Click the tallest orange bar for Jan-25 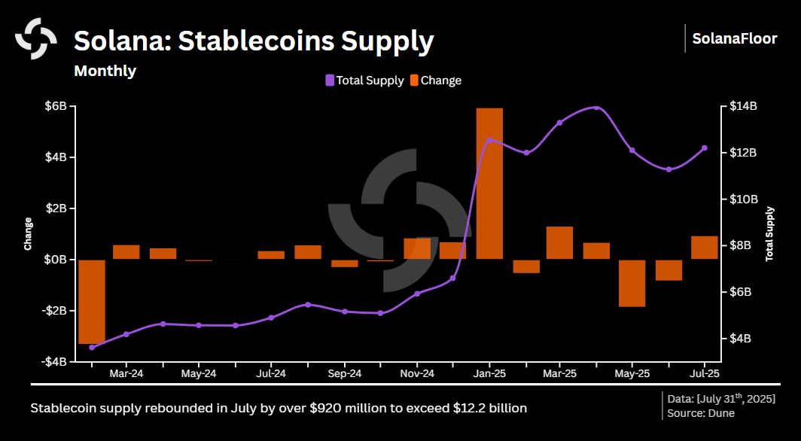coord(489,184)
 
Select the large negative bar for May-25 coord(632,283)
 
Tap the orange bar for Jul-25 coord(704,248)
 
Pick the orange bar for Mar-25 coord(559,242)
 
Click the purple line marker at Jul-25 coord(705,148)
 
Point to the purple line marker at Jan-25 coord(489,140)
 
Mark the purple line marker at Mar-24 coord(126,333)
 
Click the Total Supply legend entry coord(364,81)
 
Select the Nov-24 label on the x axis coord(416,373)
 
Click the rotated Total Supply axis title coord(769,233)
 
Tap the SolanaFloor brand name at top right coord(734,38)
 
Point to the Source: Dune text coord(701,413)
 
